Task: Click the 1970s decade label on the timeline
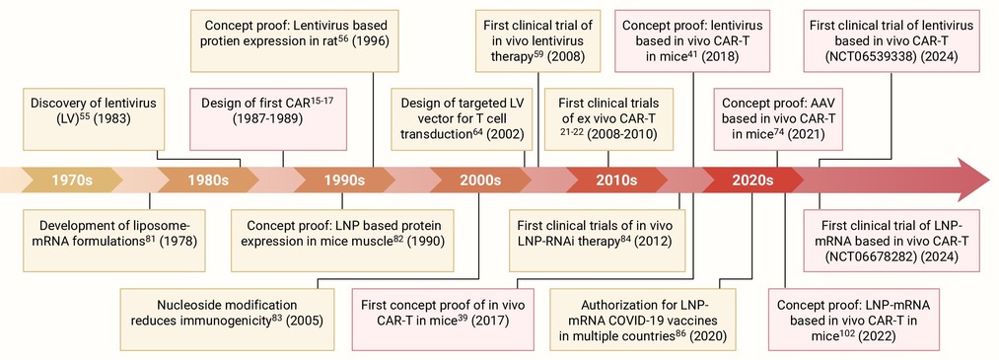tap(72, 180)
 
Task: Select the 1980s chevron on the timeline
tap(208, 180)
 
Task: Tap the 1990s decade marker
tap(344, 180)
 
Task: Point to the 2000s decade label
tap(479, 180)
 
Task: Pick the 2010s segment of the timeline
tap(616, 180)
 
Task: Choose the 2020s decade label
tap(752, 180)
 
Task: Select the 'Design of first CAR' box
tap(268, 119)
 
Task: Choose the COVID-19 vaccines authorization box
tap(642, 320)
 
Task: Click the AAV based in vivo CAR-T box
tap(778, 119)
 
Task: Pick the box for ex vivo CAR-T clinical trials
tap(607, 119)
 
